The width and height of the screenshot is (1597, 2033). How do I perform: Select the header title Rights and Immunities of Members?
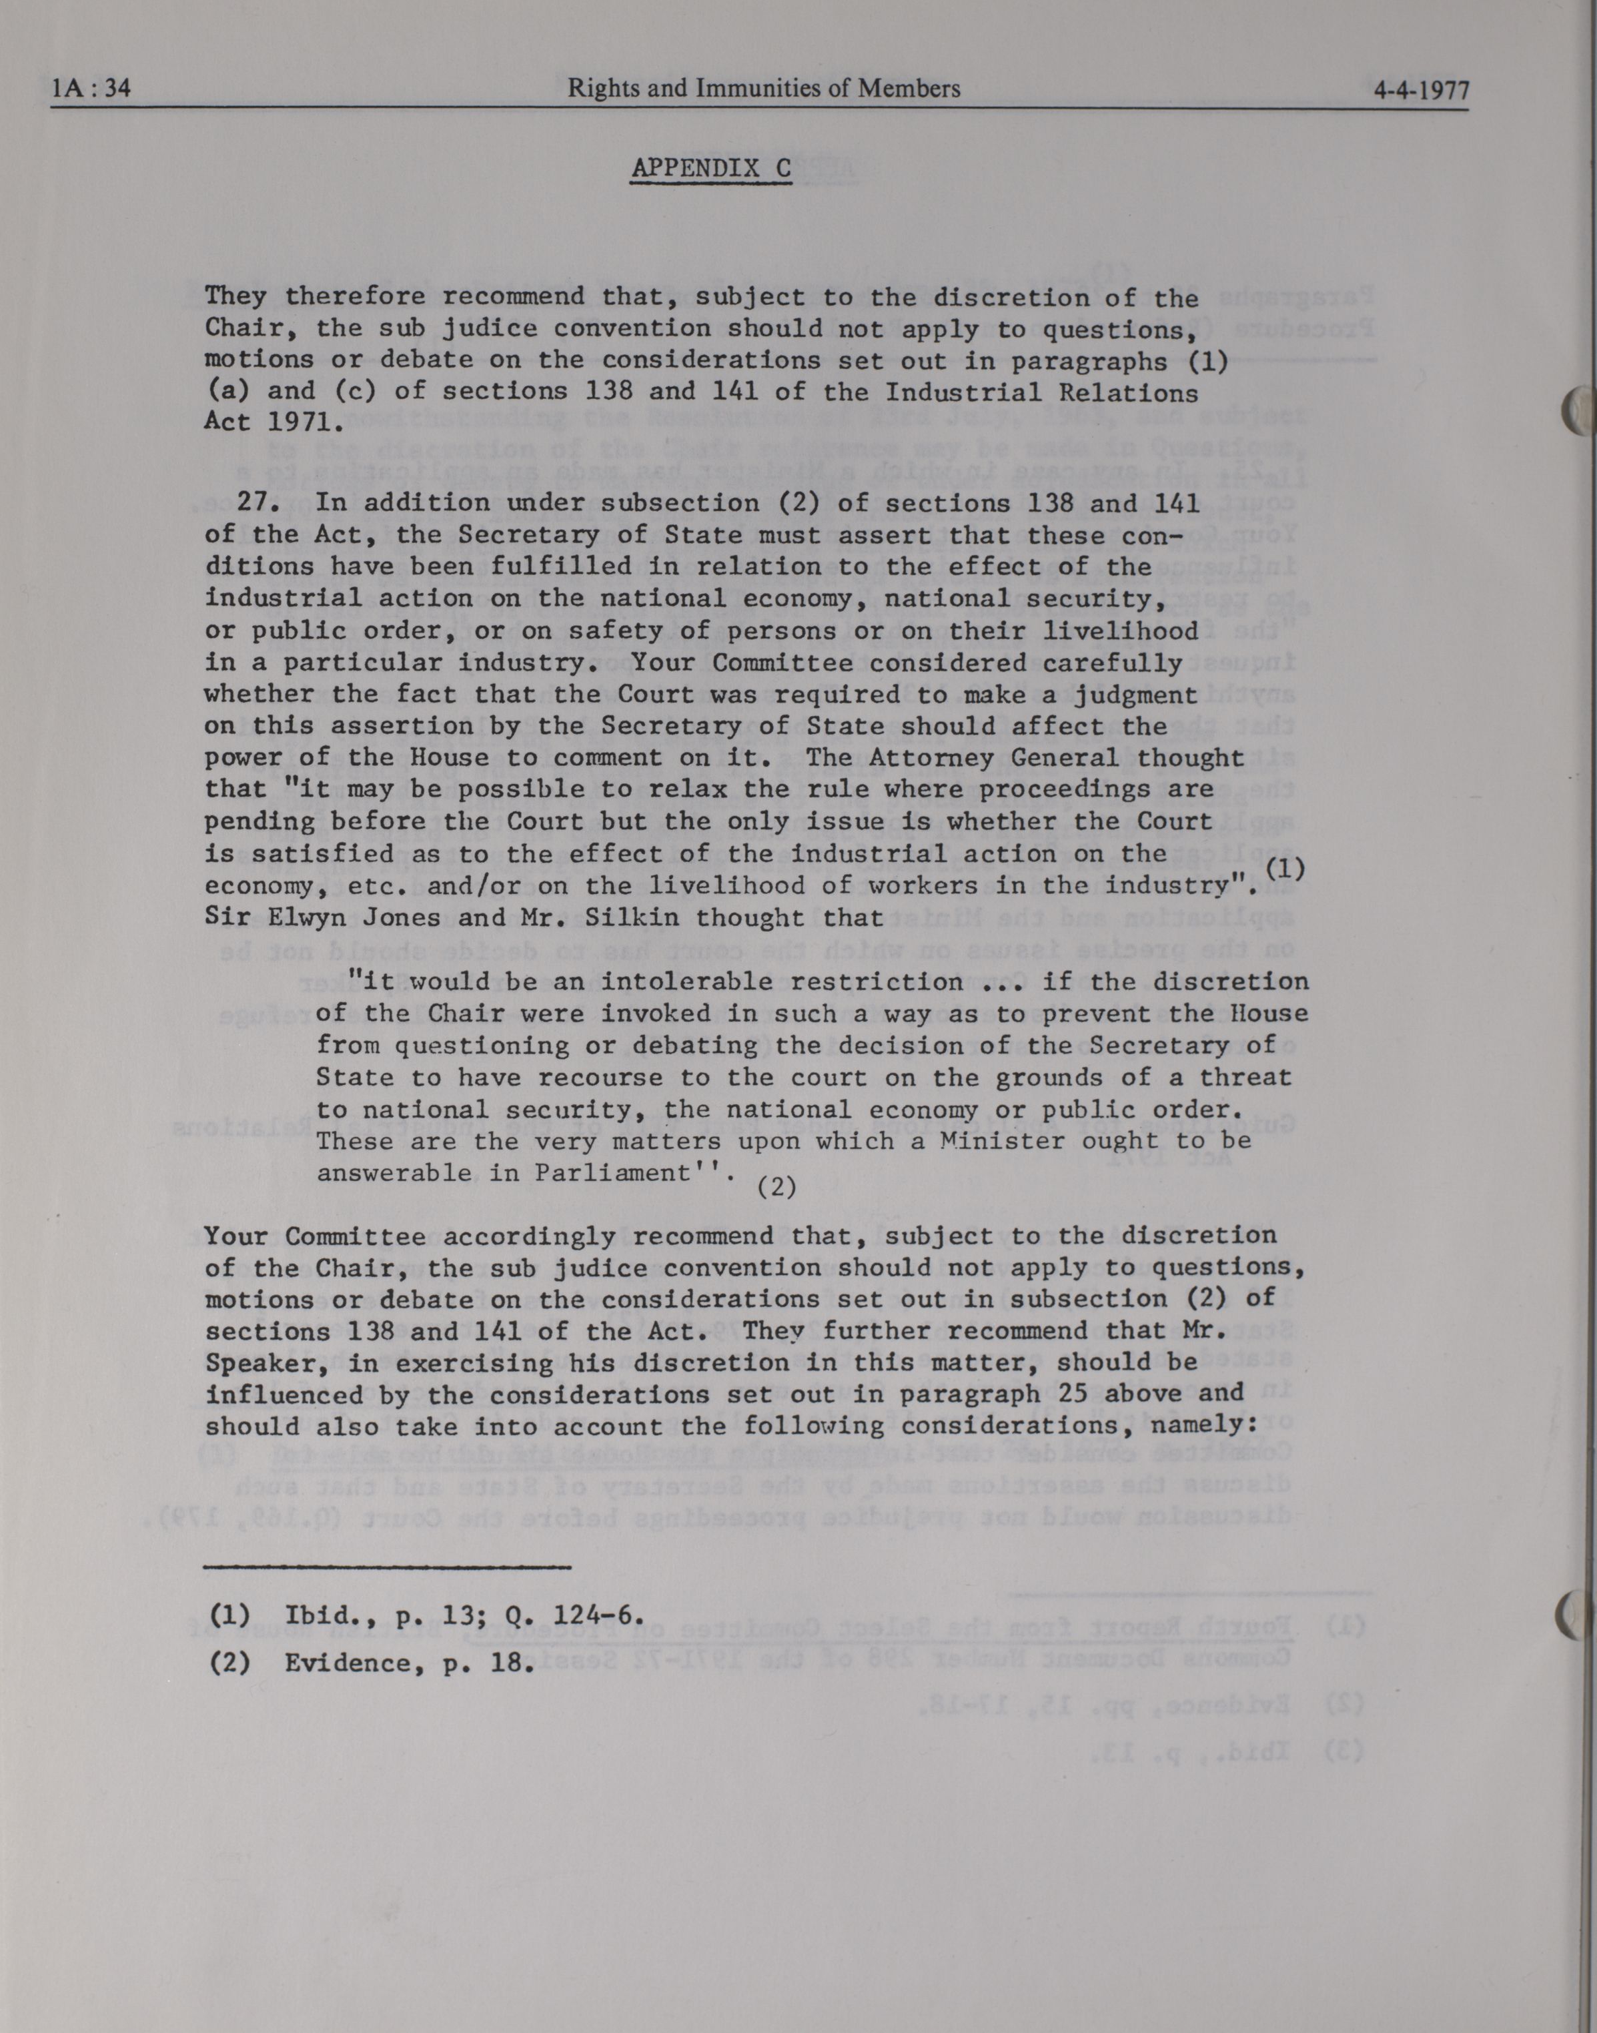(764, 88)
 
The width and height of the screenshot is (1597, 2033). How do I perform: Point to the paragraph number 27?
(253, 502)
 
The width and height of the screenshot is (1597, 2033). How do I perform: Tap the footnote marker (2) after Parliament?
(776, 1188)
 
